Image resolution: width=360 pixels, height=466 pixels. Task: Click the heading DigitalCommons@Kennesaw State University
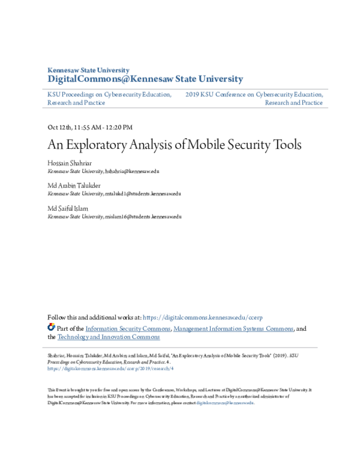tap(145, 79)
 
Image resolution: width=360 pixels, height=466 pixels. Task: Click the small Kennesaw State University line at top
tap(88, 70)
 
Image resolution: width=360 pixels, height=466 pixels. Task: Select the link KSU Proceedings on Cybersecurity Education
tap(109, 94)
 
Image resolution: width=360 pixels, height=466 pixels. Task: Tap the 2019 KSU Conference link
tap(254, 94)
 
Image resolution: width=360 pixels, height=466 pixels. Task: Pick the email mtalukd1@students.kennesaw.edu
tap(143, 194)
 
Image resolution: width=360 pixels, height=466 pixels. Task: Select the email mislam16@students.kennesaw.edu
tap(143, 216)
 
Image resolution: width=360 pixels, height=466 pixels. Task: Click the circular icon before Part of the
tap(51, 328)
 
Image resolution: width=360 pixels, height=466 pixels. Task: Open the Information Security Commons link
tap(128, 328)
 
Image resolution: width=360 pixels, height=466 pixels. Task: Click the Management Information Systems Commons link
tap(233, 328)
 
